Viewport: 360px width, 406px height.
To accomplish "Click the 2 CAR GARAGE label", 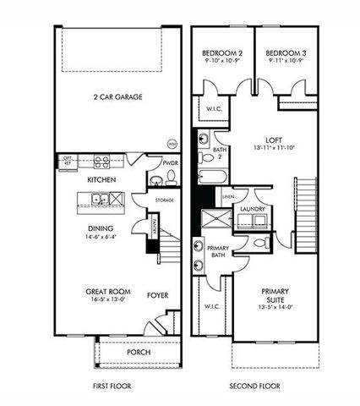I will (117, 97).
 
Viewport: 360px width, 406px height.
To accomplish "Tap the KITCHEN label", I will (101, 180).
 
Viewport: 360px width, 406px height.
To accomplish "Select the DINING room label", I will (101, 227).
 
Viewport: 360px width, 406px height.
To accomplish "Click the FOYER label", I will (157, 295).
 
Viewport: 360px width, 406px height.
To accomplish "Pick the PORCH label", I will (139, 352).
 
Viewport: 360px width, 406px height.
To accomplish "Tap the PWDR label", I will (170, 162).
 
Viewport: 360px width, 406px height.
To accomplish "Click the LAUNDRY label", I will (254, 208).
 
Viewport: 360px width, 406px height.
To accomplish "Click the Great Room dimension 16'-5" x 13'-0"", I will (106, 300).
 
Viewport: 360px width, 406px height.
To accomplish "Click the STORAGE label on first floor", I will (164, 200).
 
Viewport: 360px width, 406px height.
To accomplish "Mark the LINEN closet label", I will (228, 198).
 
